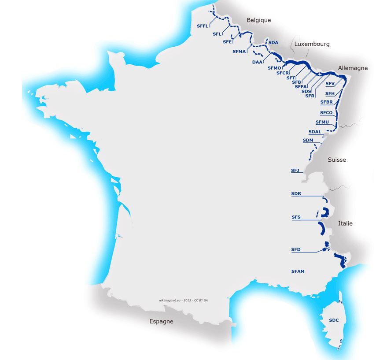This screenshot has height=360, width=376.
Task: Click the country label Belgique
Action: (x=258, y=20)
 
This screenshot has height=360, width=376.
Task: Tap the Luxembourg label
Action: (x=312, y=44)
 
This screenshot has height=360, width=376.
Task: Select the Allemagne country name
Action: (x=353, y=68)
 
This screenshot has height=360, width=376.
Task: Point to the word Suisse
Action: (x=337, y=160)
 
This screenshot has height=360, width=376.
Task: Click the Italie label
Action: (x=345, y=224)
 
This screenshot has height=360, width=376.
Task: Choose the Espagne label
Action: (x=161, y=322)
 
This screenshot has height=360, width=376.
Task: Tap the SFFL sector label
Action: (x=203, y=26)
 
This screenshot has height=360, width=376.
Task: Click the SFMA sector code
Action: (x=239, y=52)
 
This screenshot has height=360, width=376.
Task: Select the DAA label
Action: (x=258, y=62)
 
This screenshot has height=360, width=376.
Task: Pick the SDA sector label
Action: (x=273, y=43)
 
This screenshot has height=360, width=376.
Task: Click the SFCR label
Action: (x=283, y=73)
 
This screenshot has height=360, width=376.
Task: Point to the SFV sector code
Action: (x=330, y=84)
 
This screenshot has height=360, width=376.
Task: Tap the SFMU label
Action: (x=322, y=122)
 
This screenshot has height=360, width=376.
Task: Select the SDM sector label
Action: (x=308, y=141)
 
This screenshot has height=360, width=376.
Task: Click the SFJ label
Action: (x=295, y=170)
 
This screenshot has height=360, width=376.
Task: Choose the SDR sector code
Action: (x=296, y=194)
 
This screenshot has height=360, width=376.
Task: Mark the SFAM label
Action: (x=298, y=271)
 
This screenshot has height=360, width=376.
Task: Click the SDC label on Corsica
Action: (x=334, y=320)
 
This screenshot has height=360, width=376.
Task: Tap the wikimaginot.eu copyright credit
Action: (x=183, y=300)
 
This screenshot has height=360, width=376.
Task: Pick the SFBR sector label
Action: (x=326, y=102)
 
